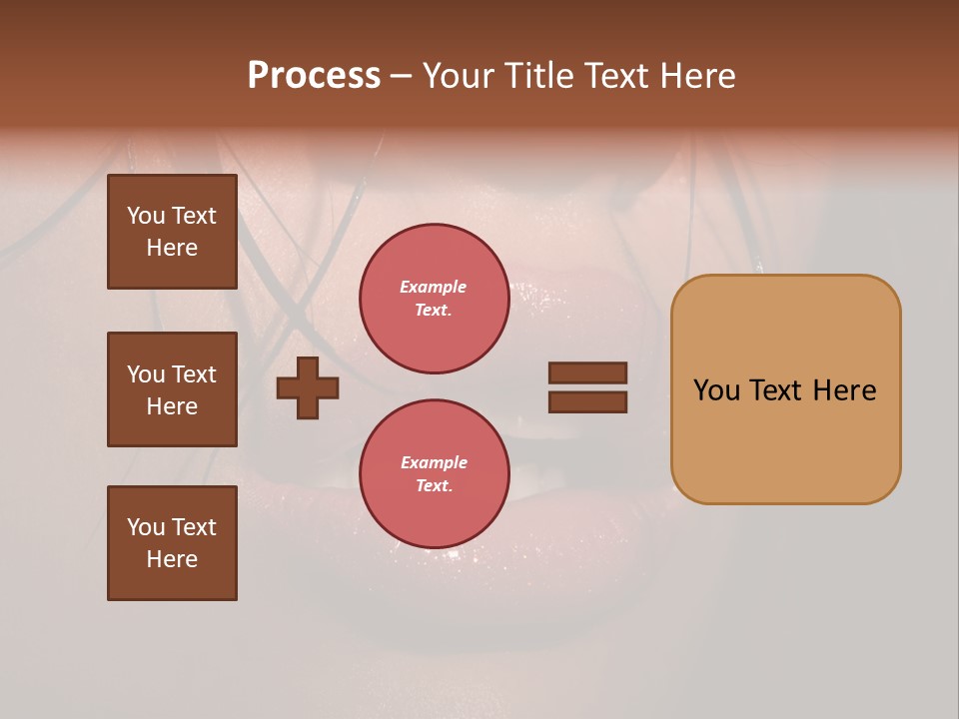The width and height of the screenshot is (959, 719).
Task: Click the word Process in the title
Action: tap(314, 76)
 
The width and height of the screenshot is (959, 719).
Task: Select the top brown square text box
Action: tap(172, 232)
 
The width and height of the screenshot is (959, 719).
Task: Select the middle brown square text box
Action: tap(172, 389)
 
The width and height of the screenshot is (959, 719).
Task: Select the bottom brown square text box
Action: tap(172, 543)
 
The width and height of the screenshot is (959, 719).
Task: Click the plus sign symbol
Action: tap(308, 387)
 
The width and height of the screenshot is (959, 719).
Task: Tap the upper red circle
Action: tap(434, 299)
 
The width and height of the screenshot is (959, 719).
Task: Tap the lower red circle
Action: tap(434, 474)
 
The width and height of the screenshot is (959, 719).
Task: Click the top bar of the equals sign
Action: tap(587, 372)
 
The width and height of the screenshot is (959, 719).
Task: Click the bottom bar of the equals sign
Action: tap(587, 402)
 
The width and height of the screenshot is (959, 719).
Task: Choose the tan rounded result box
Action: tap(785, 389)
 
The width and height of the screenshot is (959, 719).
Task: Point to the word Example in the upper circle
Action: tap(434, 288)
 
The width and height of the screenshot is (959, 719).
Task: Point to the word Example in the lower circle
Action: tap(434, 463)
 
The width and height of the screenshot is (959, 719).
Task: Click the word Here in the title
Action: tap(697, 76)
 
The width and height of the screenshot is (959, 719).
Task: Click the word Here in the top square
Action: tap(172, 248)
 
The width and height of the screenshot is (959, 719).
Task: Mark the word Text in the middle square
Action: tap(194, 374)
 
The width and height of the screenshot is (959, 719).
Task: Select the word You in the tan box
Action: tap(716, 390)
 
